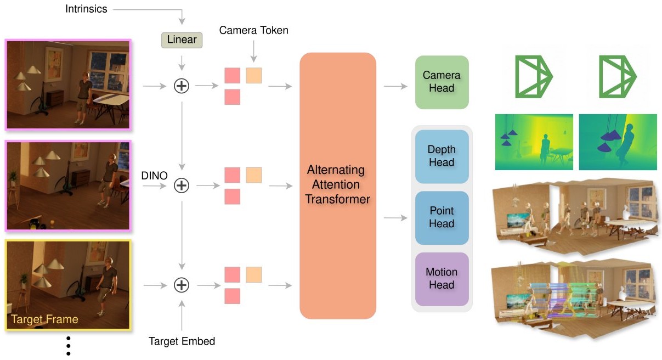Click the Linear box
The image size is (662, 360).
[x=182, y=40]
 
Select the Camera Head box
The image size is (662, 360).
[x=442, y=82]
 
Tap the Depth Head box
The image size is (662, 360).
[x=442, y=156]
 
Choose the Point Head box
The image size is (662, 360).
[x=442, y=217]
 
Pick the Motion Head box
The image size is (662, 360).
[x=442, y=279]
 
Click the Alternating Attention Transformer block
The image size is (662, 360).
[x=337, y=185]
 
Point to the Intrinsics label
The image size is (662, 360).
[x=87, y=9]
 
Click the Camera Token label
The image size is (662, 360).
[x=253, y=31]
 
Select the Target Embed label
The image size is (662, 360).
[x=182, y=341]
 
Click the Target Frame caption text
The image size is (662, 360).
[x=45, y=319]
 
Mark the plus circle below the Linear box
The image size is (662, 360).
[x=182, y=86]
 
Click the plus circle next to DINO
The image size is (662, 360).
[x=182, y=186]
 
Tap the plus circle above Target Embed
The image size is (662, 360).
[x=182, y=285]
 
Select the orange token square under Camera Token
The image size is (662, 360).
[x=253, y=75]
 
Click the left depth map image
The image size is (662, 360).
[x=534, y=142]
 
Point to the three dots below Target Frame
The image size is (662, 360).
[x=69, y=346]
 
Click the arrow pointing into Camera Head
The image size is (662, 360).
[x=395, y=86]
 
